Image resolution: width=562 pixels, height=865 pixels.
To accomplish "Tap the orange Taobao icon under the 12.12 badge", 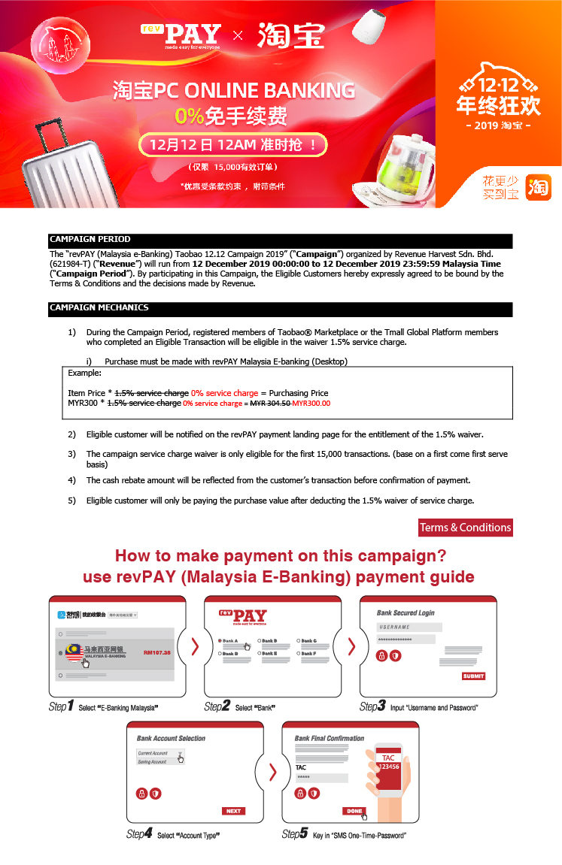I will click(538, 187).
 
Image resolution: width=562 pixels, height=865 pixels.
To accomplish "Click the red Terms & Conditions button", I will click(465, 528).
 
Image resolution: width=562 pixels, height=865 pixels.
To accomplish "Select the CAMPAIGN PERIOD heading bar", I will click(280, 240).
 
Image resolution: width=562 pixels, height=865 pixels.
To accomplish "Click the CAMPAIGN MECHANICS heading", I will click(280, 308).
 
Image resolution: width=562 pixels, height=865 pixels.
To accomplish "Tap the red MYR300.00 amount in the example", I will click(311, 404).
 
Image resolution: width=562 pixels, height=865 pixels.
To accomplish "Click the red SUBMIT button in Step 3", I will click(473, 676).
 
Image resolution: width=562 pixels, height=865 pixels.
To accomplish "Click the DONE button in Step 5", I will click(354, 811).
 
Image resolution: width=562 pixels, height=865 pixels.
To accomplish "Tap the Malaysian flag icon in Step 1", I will click(74, 652).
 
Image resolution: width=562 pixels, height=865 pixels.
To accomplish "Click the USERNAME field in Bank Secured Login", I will click(406, 627).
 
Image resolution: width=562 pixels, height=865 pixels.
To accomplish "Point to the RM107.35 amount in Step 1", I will click(156, 652).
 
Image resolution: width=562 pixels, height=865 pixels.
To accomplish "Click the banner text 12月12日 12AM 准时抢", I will click(233, 144).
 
